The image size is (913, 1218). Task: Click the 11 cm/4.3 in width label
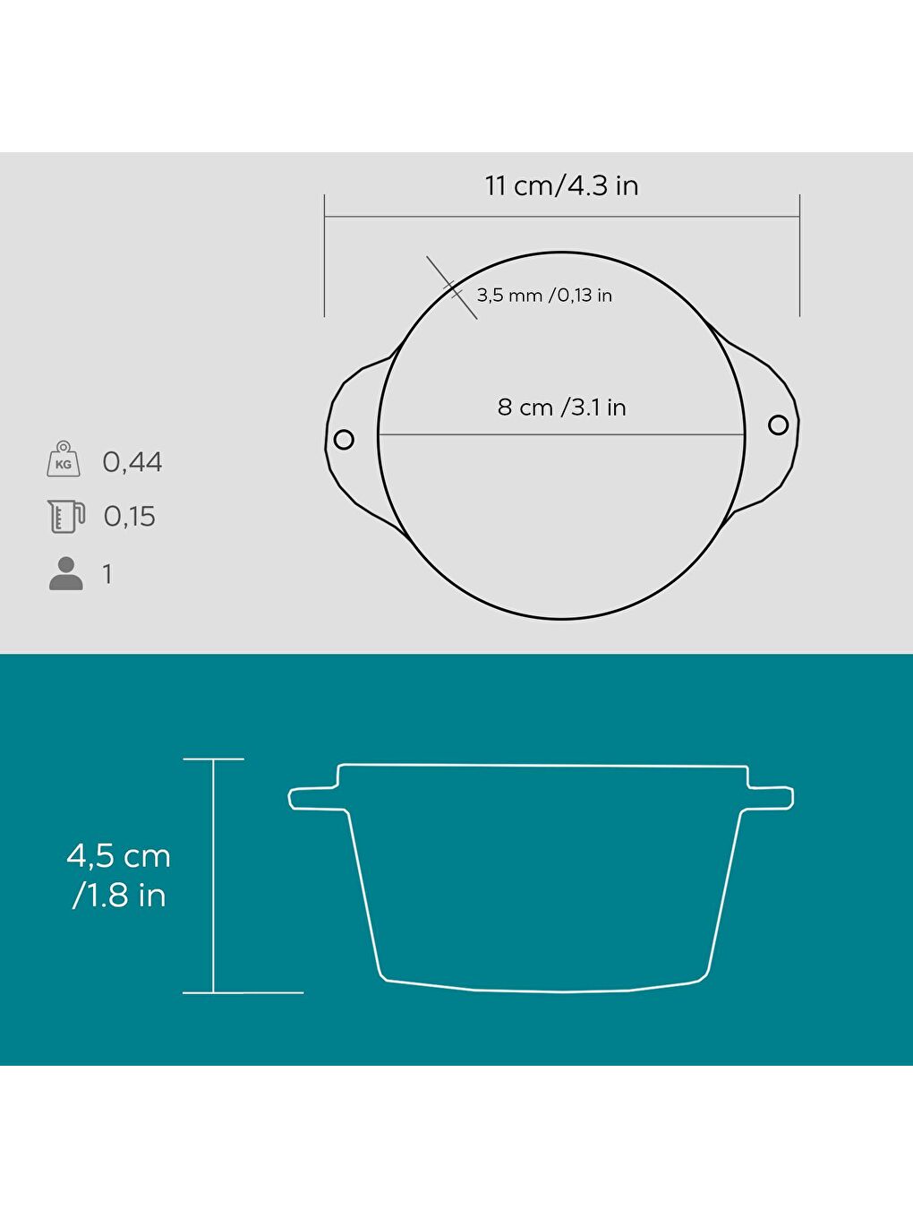coord(561,185)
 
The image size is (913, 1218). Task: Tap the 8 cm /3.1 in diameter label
coord(561,407)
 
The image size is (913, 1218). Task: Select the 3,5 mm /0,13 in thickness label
coord(544,296)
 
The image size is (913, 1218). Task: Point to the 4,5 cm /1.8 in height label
coord(118,876)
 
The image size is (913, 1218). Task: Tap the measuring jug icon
coord(66,516)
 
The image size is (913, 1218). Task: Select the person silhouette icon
coord(66,573)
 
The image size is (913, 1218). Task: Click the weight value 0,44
coord(132,461)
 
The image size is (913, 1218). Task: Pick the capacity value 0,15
coord(129,516)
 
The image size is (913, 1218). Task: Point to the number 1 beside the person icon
coord(107,574)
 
